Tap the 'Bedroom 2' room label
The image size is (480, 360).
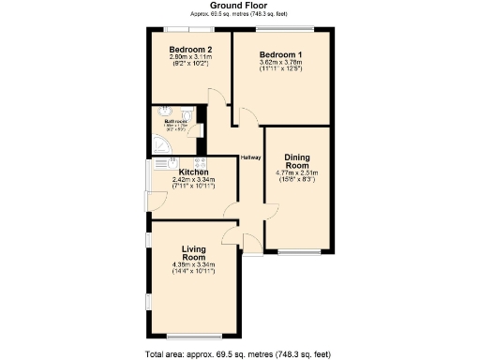[x=190, y=49]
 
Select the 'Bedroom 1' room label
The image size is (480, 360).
[x=280, y=54]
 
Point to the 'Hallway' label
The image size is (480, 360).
[x=250, y=157]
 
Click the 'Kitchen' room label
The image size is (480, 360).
[x=193, y=172]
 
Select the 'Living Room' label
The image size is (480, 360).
[x=194, y=252]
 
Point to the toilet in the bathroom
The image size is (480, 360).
[x=187, y=117]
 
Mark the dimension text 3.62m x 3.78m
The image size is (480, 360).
[x=280, y=63]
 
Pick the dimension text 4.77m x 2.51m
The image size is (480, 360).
[x=297, y=173]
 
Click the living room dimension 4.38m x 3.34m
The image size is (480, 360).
[x=194, y=265]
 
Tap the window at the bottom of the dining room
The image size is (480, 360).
[x=298, y=251]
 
